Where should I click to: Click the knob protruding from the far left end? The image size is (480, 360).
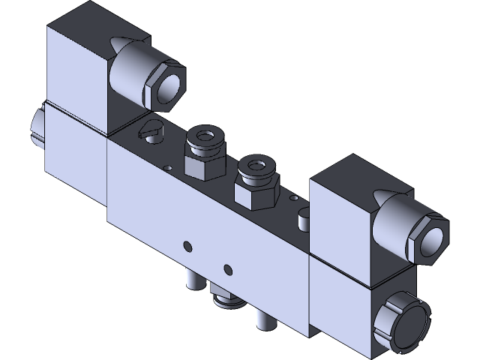coord(36,128)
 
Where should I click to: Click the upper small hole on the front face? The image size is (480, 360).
coord(186,244)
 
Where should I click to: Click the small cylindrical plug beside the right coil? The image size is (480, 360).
coord(303,220)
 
